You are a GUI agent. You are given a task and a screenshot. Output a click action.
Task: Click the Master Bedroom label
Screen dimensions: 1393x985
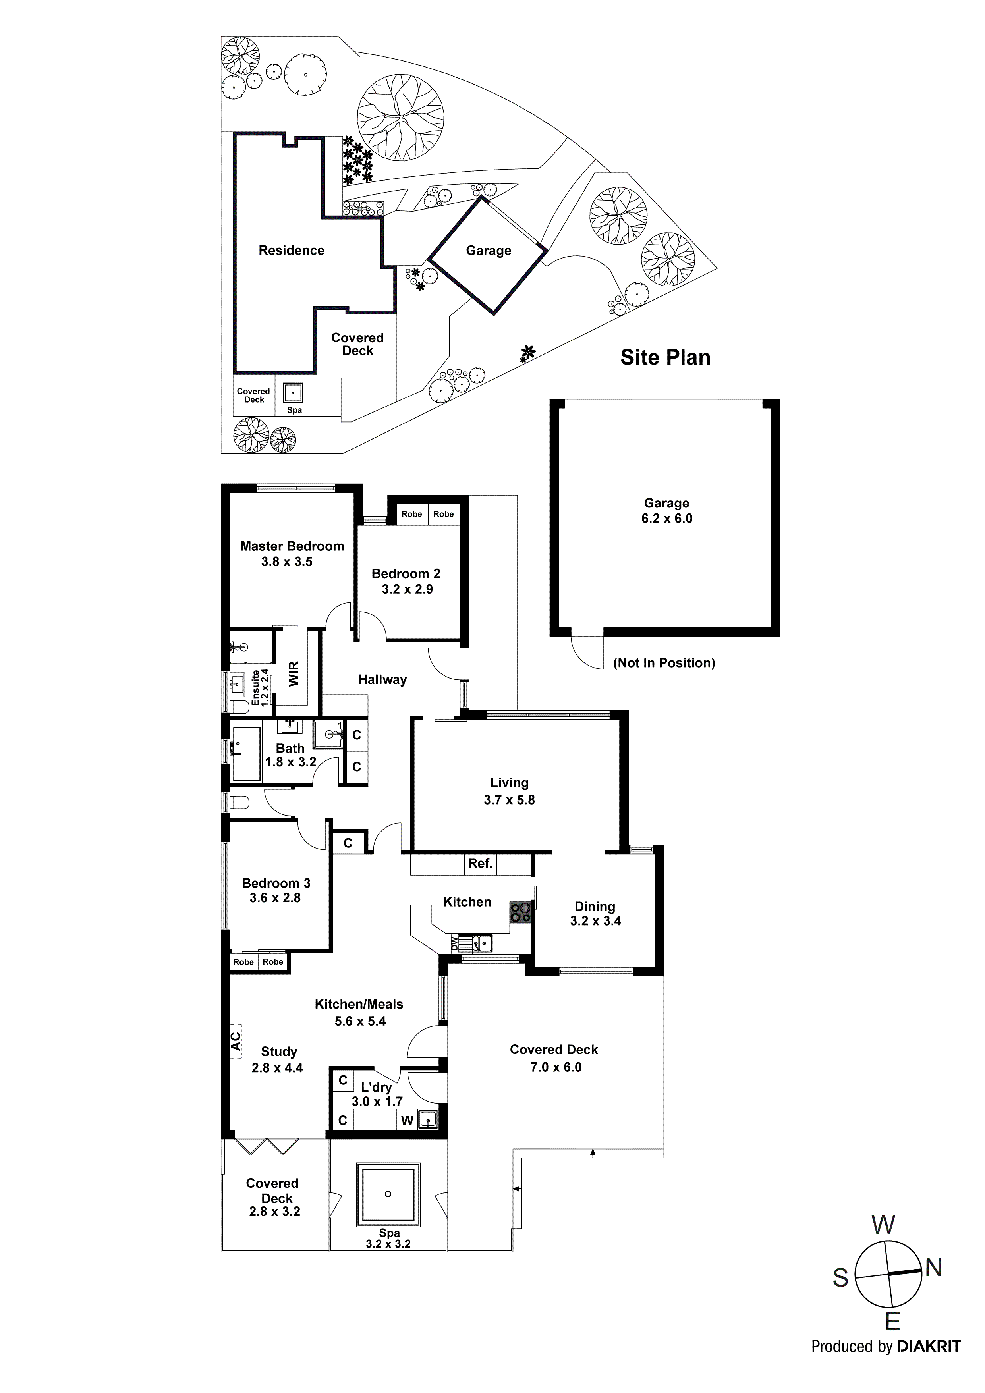tap(292, 546)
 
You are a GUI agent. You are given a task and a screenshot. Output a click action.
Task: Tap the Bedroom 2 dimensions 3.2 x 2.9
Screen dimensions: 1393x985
tap(407, 589)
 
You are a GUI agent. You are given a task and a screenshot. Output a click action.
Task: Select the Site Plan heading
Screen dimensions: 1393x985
tap(665, 357)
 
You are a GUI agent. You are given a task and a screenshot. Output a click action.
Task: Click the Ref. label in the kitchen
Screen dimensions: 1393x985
tap(480, 863)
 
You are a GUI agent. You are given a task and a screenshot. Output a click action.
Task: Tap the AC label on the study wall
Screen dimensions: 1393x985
tap(236, 1042)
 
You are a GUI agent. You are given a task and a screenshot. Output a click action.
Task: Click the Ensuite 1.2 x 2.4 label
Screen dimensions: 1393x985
tap(260, 687)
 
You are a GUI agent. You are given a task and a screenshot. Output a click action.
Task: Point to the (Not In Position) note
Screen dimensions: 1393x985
tap(664, 662)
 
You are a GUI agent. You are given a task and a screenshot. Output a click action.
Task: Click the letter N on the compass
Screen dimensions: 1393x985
tap(933, 1268)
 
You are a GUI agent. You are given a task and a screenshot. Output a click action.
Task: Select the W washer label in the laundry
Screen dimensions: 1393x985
tap(407, 1121)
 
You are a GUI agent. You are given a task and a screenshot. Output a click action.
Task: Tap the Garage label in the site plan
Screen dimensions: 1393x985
tap(489, 251)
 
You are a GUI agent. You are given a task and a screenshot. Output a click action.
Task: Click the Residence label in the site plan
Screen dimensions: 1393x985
tap(291, 251)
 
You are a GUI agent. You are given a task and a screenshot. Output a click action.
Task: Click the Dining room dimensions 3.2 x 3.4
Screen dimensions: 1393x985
tap(595, 921)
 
